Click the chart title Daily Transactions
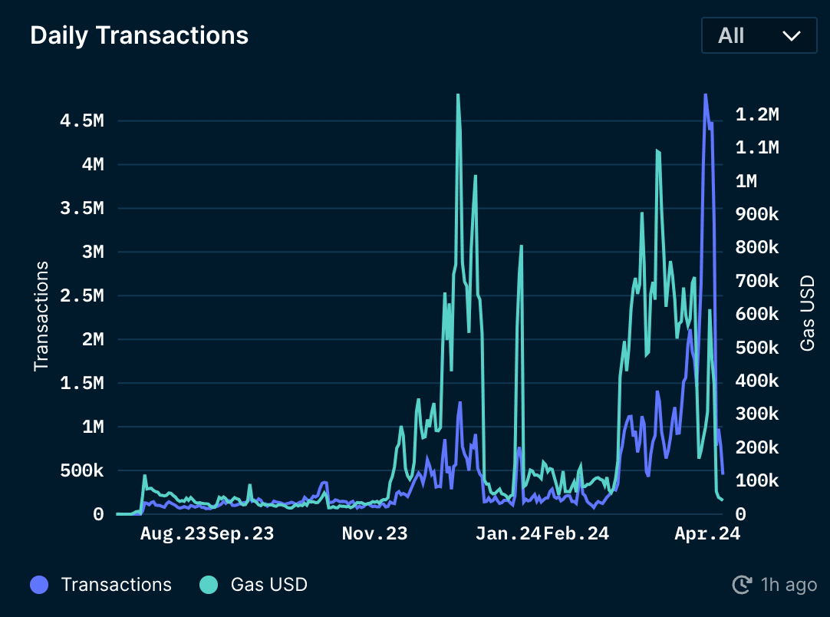click(139, 35)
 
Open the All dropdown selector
click(759, 35)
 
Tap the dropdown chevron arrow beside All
click(791, 36)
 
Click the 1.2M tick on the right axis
click(756, 114)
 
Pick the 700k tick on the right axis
click(756, 281)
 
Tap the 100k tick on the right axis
click(756, 481)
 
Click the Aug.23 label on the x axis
click(173, 534)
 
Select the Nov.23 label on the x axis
click(374, 534)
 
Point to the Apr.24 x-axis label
click(707, 534)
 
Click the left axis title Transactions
click(41, 316)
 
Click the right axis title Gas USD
click(807, 313)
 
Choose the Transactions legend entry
click(116, 585)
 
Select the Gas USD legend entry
click(268, 585)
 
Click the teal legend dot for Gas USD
click(209, 585)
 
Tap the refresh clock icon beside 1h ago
click(742, 586)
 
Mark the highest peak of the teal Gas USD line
click(458, 95)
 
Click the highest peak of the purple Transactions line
click(705, 95)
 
